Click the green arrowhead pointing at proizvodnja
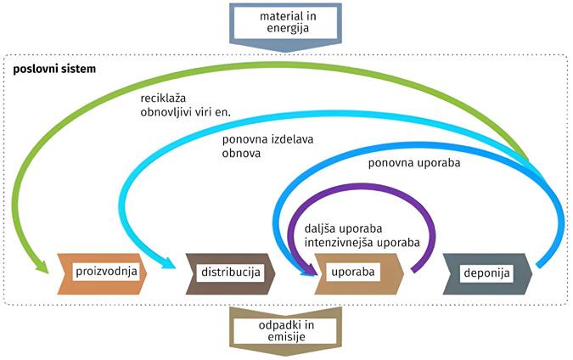coord(43,267)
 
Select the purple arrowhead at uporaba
coord(306,270)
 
